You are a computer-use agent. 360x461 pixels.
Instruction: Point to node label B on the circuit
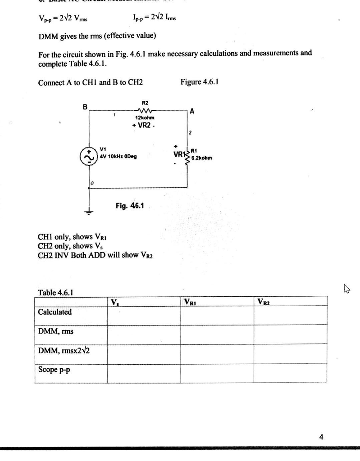[x=85, y=107]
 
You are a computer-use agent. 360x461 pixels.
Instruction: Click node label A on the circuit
[x=192, y=111]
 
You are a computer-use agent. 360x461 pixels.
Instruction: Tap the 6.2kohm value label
[x=201, y=158]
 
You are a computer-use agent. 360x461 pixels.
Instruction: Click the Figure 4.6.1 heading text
[x=199, y=82]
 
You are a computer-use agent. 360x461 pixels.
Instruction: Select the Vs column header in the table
[x=114, y=301]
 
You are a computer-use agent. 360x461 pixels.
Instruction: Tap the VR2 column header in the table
[x=265, y=301]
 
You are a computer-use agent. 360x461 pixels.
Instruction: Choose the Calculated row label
[x=55, y=312]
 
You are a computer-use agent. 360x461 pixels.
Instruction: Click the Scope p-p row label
[x=55, y=370]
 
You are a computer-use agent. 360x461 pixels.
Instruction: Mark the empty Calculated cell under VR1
[x=217, y=315]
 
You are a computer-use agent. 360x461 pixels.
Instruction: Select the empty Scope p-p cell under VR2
[x=291, y=373]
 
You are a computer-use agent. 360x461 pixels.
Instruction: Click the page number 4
[x=321, y=436]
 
